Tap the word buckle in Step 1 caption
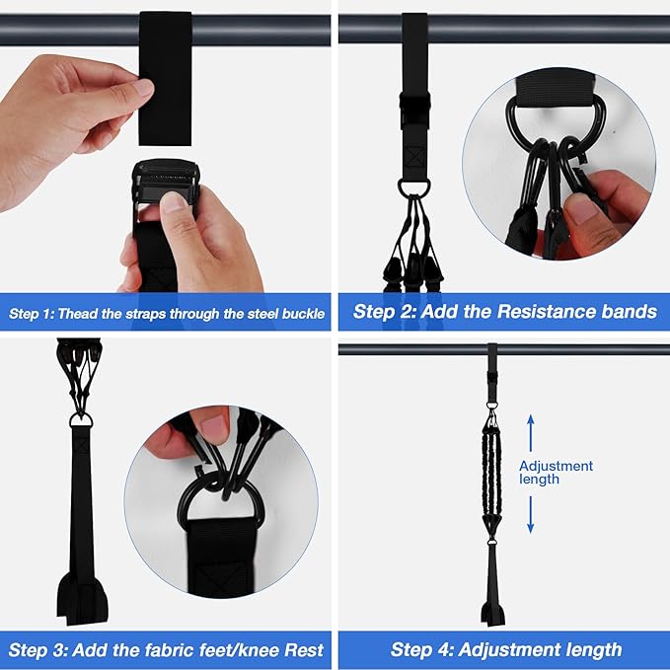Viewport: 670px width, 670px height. (298, 314)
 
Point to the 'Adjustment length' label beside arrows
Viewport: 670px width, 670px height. (556, 472)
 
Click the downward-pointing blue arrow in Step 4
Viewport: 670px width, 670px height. (530, 513)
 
